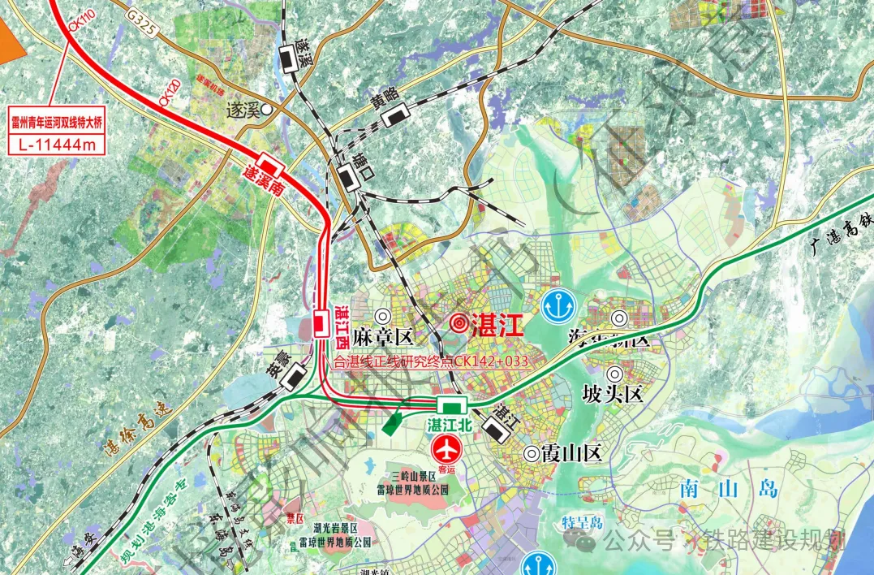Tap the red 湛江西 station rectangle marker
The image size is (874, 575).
[321, 325]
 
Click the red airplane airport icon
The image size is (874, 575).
[446, 447]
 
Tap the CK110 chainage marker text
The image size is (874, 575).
[77, 32]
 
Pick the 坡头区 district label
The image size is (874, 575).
[613, 394]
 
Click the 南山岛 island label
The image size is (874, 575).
[725, 489]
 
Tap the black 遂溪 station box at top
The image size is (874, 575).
[289, 56]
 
